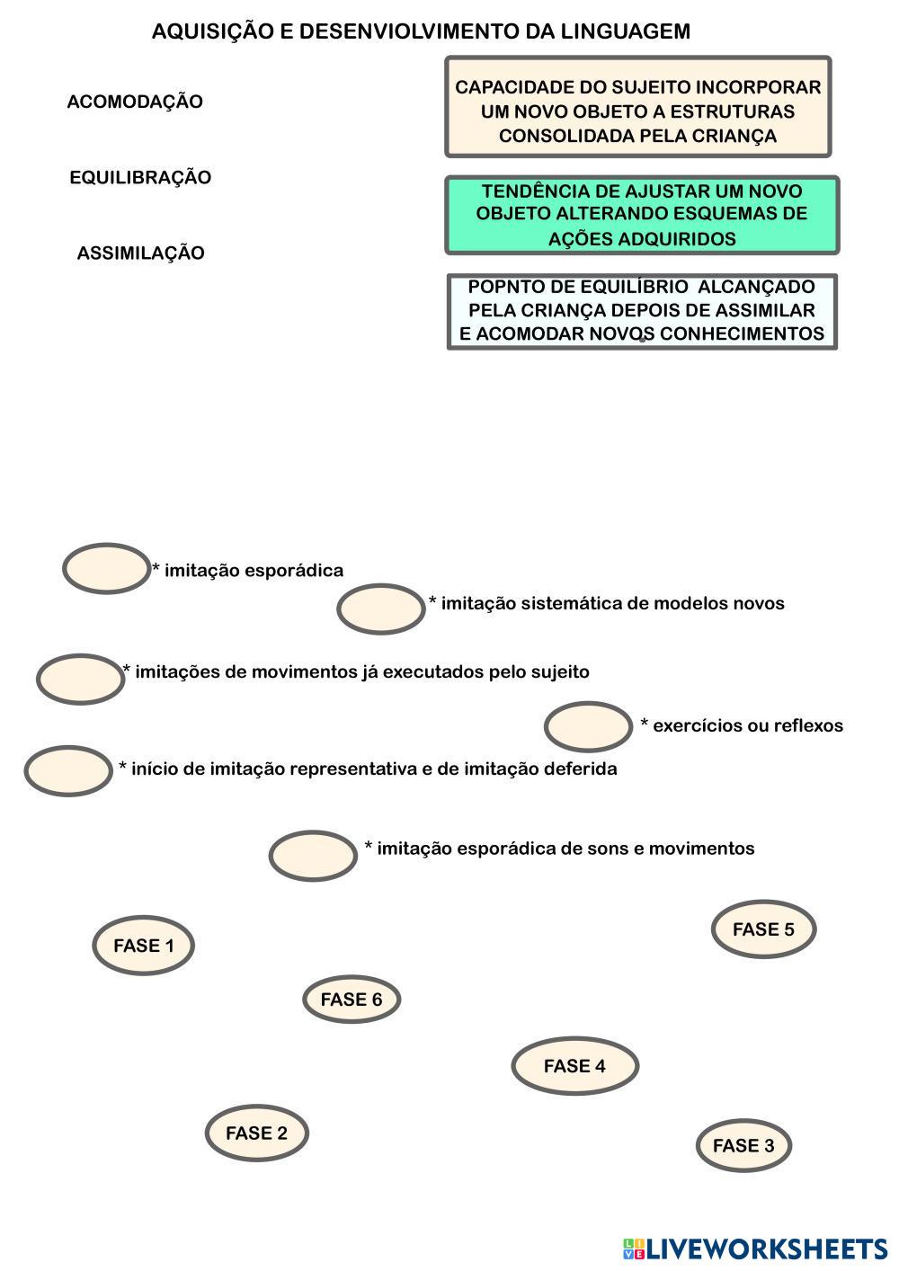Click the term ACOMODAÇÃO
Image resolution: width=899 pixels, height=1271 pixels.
[135, 102]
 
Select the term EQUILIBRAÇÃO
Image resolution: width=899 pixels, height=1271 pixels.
[140, 177]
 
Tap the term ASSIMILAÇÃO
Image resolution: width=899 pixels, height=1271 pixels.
[140, 253]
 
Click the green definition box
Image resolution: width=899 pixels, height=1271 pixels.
[642, 215]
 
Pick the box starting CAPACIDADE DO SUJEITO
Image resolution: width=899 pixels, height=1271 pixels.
[637, 107]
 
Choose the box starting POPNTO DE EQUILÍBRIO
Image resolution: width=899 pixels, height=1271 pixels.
[642, 311]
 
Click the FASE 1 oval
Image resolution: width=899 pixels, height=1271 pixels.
[143, 945]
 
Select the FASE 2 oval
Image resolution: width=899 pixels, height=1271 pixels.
[256, 1133]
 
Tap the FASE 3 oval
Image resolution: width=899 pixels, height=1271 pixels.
[743, 1145]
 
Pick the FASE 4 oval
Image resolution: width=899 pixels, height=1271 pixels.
[574, 1065]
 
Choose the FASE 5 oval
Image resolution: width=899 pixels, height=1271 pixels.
[763, 929]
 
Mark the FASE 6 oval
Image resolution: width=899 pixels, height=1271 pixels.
[351, 999]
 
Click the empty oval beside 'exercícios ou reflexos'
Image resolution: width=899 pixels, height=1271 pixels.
[588, 726]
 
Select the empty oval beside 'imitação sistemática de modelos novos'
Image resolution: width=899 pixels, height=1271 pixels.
[380, 609]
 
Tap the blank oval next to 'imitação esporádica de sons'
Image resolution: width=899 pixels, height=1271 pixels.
[313, 855]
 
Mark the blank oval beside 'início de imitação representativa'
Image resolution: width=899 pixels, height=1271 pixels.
[67, 770]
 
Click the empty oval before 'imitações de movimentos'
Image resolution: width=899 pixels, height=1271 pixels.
[80, 679]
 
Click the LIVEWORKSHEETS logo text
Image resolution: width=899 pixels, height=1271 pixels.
[767, 1249]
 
